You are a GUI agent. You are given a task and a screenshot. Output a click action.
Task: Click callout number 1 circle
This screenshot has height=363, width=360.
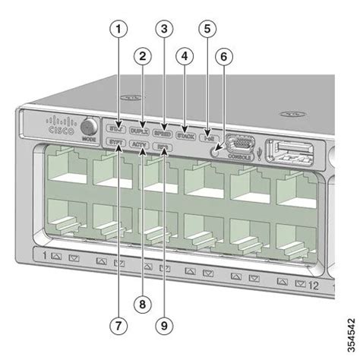click(116, 30)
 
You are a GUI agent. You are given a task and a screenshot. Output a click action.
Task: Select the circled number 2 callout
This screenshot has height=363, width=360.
click(140, 55)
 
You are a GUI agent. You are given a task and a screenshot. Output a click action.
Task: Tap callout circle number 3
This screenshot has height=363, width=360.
click(162, 30)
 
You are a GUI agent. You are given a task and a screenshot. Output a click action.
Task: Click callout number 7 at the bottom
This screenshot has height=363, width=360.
click(116, 325)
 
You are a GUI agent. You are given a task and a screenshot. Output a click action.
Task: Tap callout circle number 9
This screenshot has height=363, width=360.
click(163, 325)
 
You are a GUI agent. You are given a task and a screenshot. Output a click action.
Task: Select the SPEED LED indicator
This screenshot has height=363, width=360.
click(162, 131)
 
